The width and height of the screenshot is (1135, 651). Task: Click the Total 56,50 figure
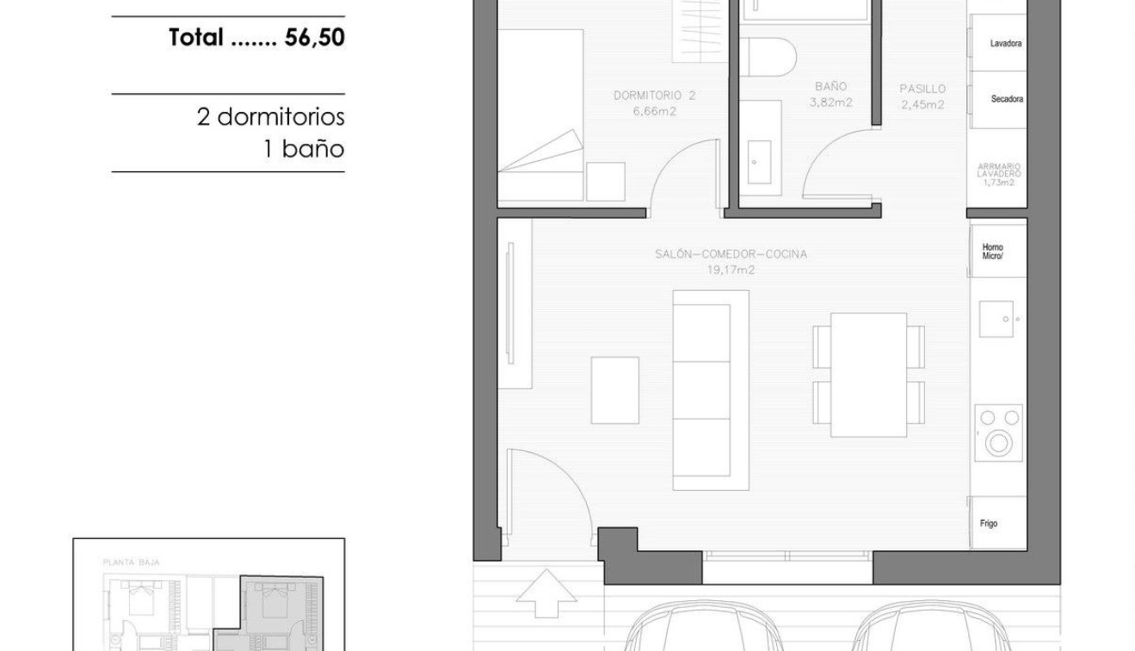pos(256,37)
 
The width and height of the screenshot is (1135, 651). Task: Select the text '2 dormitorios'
pos(270,116)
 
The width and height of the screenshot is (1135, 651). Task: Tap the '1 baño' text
pos(304,149)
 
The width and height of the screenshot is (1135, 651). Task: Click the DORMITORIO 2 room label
pos(654,96)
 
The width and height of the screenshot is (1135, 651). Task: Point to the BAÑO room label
pos(830,87)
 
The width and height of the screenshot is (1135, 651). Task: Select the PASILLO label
pos(922,89)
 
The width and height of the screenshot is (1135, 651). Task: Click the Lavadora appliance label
pos(1005,43)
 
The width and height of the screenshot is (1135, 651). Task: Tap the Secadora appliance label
pos(1006,99)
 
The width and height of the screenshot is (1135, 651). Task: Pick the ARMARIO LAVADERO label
pos(998,170)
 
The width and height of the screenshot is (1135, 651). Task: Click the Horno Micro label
pos(992,252)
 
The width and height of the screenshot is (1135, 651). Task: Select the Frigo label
pos(989,524)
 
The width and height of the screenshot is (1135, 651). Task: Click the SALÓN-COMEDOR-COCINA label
pos(731,254)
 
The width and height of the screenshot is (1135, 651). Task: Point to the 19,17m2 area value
pos(731,270)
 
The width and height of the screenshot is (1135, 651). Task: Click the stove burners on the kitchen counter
pos(999,431)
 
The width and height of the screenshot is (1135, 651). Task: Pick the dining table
pos(868,375)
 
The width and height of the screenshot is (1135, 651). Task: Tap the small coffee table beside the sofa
pos(614,390)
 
